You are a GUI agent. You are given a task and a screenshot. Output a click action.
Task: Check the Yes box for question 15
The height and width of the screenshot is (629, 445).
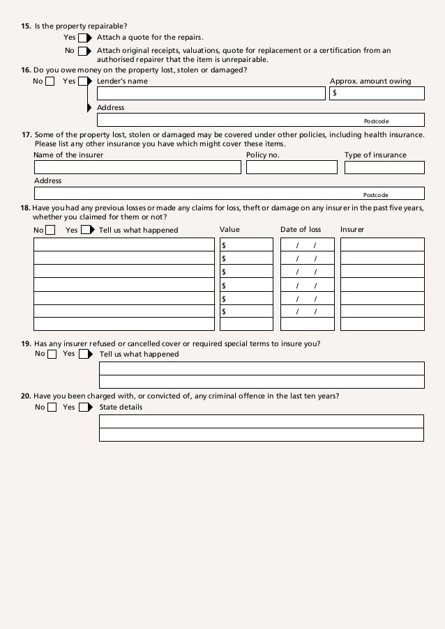point(82,37)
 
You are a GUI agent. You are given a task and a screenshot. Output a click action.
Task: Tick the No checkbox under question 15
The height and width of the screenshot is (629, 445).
point(82,51)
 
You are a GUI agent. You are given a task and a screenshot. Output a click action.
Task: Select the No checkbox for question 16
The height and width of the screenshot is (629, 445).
point(50,81)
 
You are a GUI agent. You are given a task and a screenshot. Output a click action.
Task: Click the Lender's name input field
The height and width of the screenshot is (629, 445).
point(211,93)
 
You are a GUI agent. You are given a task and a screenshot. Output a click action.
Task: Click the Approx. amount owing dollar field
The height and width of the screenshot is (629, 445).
point(377,93)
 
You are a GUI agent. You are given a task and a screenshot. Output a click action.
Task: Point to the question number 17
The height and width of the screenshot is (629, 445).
point(27,134)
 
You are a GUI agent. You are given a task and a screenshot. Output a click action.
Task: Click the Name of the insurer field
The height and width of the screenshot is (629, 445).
point(137,167)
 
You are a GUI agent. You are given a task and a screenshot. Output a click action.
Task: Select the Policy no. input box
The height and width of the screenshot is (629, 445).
point(292,167)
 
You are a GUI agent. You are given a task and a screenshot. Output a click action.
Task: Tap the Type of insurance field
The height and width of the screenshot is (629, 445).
point(384,167)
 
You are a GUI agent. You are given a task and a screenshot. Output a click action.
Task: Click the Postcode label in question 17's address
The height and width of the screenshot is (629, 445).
point(376,195)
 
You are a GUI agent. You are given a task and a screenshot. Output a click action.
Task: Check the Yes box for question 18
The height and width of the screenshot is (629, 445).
point(85,230)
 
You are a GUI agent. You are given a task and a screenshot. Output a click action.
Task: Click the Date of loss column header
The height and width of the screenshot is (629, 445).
point(301,230)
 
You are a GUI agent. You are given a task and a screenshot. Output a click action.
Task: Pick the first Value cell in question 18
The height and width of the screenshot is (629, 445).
point(246,244)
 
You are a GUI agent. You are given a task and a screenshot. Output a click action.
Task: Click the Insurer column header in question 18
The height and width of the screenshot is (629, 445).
point(352,230)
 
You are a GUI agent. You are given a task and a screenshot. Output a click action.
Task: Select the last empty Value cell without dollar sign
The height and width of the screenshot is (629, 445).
point(246,324)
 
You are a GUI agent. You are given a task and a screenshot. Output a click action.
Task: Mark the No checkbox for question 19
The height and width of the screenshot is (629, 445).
point(52,354)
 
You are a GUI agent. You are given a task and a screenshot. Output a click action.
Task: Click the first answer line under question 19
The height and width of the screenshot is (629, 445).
point(262,368)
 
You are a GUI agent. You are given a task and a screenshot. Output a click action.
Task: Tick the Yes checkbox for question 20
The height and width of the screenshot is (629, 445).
point(84,407)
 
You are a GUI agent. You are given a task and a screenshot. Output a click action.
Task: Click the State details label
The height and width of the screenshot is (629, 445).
point(121,407)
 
